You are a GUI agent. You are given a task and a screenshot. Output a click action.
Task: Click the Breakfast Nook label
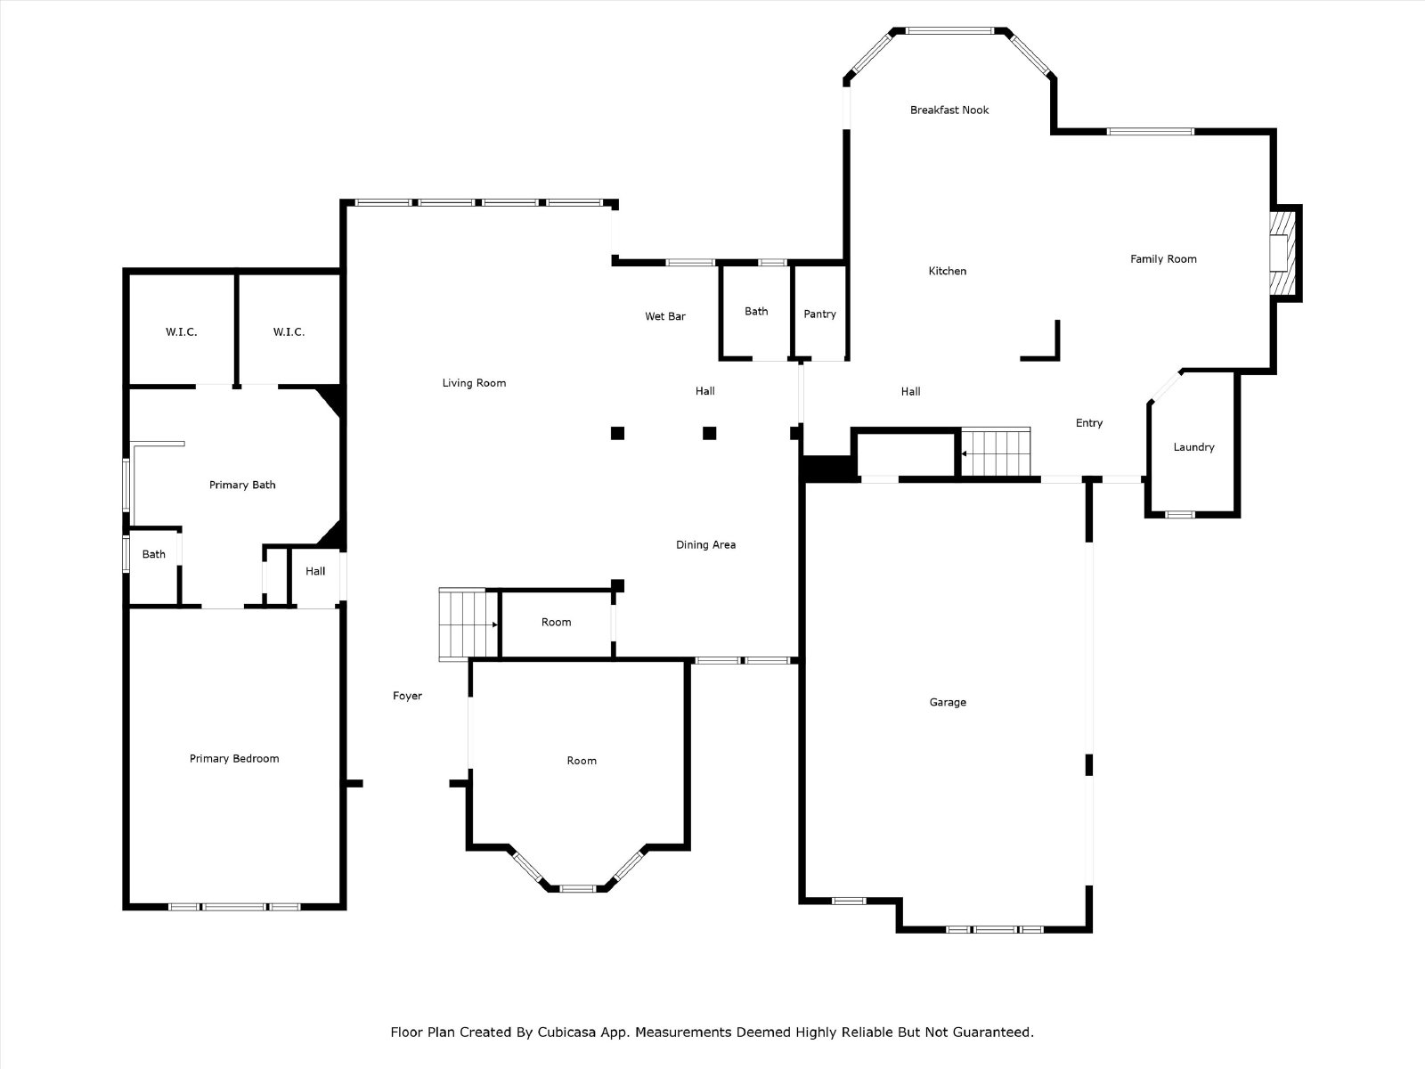click(x=949, y=110)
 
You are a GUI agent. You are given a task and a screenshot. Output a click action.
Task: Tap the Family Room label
click(x=1163, y=259)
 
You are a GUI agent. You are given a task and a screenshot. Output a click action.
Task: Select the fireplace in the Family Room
click(x=1282, y=253)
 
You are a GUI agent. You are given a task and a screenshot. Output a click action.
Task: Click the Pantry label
click(x=820, y=314)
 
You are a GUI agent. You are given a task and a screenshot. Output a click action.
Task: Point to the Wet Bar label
click(x=665, y=316)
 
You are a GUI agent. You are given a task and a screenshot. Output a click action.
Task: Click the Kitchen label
click(x=948, y=271)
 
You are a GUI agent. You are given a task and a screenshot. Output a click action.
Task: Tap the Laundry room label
click(x=1194, y=447)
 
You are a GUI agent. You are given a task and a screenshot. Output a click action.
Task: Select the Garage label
click(x=948, y=702)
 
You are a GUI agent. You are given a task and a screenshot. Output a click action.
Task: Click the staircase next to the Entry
click(x=995, y=453)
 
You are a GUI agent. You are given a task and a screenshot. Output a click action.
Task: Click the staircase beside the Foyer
click(x=468, y=624)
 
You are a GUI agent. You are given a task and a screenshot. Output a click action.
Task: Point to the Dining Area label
click(x=705, y=544)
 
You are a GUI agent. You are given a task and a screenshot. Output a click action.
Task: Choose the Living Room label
click(x=474, y=383)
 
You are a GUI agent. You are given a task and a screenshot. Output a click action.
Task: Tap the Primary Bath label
click(x=242, y=485)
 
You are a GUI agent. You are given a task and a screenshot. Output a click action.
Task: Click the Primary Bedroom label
click(x=234, y=759)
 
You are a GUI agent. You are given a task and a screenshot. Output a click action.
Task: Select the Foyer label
click(x=407, y=696)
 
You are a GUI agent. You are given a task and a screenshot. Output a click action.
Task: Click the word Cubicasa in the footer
click(x=566, y=1032)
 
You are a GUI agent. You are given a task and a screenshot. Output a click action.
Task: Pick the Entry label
click(x=1088, y=423)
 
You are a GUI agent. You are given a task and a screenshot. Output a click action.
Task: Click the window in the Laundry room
click(x=1179, y=515)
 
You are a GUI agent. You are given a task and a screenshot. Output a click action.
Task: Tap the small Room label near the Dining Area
click(x=557, y=622)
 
